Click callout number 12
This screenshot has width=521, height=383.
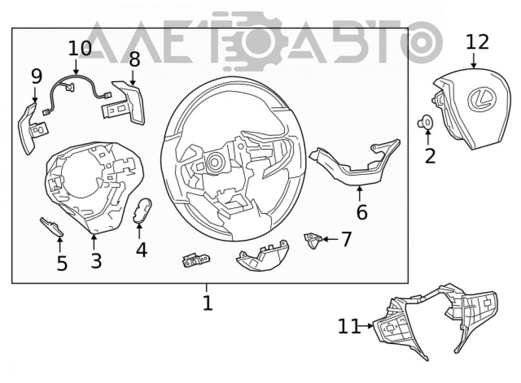click(x=478, y=42)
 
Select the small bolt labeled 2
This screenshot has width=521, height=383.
click(x=425, y=123)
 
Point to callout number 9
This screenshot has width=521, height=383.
click(x=36, y=76)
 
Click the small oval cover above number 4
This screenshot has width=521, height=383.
click(x=142, y=210)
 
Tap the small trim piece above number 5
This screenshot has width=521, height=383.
click(x=52, y=227)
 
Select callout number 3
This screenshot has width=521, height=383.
click(x=96, y=261)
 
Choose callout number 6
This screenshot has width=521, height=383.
click(x=362, y=212)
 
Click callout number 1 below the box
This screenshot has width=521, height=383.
click(x=208, y=303)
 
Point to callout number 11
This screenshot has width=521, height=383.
click(x=349, y=326)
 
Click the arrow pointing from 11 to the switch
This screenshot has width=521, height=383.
click(x=367, y=326)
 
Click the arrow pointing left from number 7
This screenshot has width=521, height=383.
click(x=331, y=239)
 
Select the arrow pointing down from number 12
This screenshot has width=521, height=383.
click(x=474, y=60)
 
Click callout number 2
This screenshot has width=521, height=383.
click(x=430, y=156)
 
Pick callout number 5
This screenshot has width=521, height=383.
click(x=62, y=263)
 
